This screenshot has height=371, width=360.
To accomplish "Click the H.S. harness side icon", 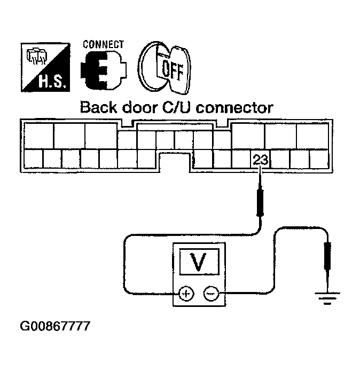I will coord(47,67).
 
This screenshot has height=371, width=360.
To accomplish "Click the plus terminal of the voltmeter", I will coord(185,294).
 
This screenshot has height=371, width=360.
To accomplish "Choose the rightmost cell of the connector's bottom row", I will coord(319,160).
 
